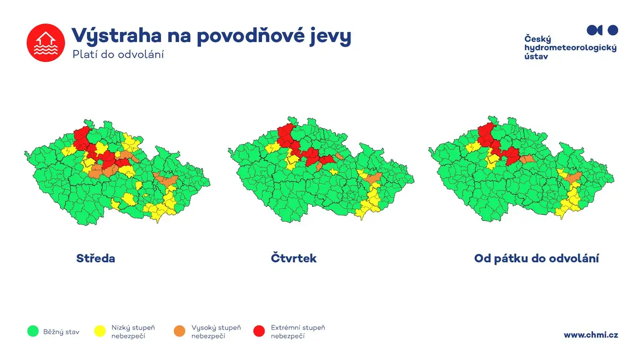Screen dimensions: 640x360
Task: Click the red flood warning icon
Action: coord(46,43)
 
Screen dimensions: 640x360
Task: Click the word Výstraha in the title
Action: coord(117,36)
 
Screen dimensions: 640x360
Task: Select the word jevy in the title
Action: coord(331,37)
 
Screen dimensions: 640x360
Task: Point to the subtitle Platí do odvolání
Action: coord(118,54)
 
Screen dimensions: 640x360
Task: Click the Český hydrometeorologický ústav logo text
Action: coord(570,47)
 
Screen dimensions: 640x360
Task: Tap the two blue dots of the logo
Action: coord(602,30)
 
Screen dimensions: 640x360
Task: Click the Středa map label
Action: coord(95,258)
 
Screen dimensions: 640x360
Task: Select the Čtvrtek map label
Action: coord(293,258)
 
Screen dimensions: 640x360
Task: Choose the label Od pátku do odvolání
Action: coord(537,258)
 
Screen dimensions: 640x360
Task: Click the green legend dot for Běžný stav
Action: coord(33,331)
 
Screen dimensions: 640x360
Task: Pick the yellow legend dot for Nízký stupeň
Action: coord(100,331)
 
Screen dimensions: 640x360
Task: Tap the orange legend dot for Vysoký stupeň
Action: coord(179,331)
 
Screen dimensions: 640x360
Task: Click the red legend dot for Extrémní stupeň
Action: coord(259,331)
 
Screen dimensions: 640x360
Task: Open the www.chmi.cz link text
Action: coord(591,335)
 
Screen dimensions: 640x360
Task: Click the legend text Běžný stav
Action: coord(61,332)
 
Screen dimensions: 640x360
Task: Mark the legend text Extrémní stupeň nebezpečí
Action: coord(298,332)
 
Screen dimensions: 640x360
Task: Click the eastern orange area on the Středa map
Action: coord(166,179)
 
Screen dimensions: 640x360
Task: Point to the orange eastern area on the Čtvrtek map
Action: coord(373,178)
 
